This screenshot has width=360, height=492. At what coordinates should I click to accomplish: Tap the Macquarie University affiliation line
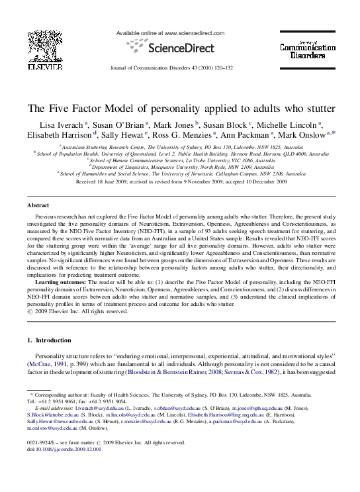179,167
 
